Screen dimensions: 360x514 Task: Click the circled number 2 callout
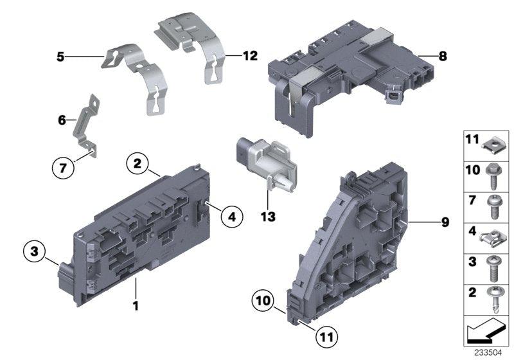pos(137,164)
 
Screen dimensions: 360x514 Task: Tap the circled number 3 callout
pos(35,250)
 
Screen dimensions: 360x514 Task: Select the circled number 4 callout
pos(232,217)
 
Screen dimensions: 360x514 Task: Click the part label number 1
pos(136,305)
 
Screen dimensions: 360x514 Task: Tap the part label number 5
pos(60,57)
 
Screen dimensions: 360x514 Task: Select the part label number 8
pos(443,57)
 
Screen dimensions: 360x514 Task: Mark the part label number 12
pos(250,57)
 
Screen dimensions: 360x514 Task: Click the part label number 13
pos(269,217)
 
